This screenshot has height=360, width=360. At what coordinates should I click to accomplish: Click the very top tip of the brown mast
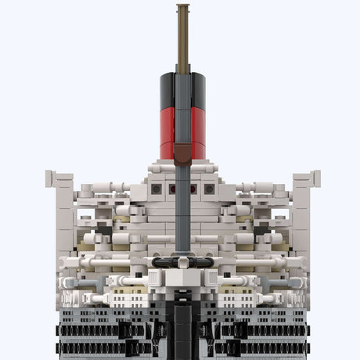coord(182,6)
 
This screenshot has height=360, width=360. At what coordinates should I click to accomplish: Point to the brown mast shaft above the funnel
coord(182,39)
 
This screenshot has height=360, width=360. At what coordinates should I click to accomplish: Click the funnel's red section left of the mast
coord(167,129)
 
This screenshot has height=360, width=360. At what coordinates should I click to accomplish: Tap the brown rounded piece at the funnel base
coord(182,153)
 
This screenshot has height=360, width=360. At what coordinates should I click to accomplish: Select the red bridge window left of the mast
coord(171,189)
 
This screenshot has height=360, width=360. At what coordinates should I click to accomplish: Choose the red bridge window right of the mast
coord(193,189)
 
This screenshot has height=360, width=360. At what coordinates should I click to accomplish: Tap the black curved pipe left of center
coord(163,265)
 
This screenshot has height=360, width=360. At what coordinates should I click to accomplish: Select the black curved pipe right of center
coord(202,265)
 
